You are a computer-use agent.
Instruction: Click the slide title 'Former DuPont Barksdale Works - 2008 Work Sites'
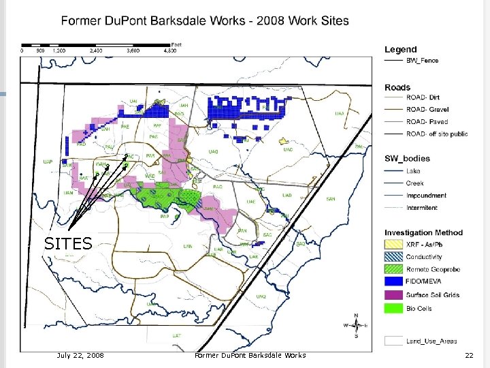click(x=204, y=20)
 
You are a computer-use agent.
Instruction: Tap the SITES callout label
click(x=68, y=243)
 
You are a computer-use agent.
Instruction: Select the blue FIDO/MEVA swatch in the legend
click(x=394, y=282)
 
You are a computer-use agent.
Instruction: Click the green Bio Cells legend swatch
click(x=394, y=308)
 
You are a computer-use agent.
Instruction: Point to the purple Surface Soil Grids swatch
click(x=394, y=295)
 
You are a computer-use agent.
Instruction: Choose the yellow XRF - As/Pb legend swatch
click(x=394, y=244)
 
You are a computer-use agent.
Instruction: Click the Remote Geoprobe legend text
click(x=433, y=270)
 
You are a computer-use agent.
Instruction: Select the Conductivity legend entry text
click(x=424, y=257)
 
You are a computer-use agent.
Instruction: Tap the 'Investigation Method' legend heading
click(x=423, y=232)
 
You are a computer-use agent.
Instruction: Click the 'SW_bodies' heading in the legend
click(x=407, y=159)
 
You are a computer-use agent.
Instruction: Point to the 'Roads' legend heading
click(x=397, y=87)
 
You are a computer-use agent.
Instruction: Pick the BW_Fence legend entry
click(x=422, y=61)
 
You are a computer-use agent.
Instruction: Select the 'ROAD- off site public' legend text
click(x=437, y=134)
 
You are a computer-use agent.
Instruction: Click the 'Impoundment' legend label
click(x=427, y=196)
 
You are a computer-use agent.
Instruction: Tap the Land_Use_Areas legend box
click(x=394, y=341)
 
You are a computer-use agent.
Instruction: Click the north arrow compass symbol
click(x=357, y=325)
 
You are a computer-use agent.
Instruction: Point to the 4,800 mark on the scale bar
click(x=170, y=50)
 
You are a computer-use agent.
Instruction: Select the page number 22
click(x=468, y=355)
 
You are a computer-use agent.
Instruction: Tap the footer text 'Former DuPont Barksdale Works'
click(x=250, y=355)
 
